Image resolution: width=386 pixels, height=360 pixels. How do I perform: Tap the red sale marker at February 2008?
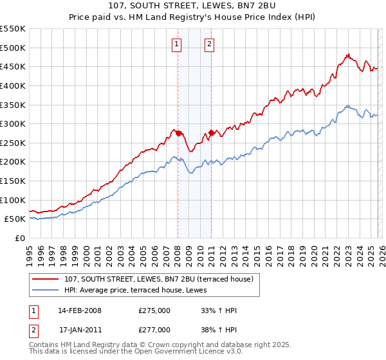(x=178, y=133)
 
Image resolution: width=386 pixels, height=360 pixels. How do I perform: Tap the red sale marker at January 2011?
(x=211, y=132)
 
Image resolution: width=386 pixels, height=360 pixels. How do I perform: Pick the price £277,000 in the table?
(x=154, y=329)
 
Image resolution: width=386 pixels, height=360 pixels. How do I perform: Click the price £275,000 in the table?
(x=154, y=310)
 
